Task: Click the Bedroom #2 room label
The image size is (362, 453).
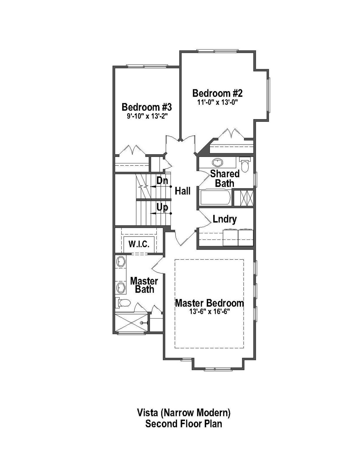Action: pos(217,93)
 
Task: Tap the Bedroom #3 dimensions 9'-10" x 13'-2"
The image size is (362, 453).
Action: pos(147,116)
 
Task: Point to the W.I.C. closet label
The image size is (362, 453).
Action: pos(139,244)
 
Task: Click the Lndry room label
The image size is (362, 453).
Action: pos(225,219)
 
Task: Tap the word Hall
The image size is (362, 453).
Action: pos(183,191)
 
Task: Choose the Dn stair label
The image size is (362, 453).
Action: pos(162,180)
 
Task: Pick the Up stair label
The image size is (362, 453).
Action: pos(162,208)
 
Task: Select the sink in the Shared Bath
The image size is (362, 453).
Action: pos(218,162)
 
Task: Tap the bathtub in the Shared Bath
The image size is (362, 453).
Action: pos(215,197)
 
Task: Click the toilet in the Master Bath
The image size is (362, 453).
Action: pos(124,303)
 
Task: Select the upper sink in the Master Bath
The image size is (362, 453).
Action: pos(121,261)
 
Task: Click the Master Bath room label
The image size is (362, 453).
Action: pos(144,285)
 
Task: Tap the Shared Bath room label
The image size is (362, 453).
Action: pos(225,178)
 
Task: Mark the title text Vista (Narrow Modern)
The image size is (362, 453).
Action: pos(184,413)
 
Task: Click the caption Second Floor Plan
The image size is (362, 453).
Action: pos(184,424)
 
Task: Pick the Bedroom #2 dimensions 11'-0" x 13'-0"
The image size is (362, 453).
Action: pos(217,102)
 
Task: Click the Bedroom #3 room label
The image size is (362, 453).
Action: pos(147,107)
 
